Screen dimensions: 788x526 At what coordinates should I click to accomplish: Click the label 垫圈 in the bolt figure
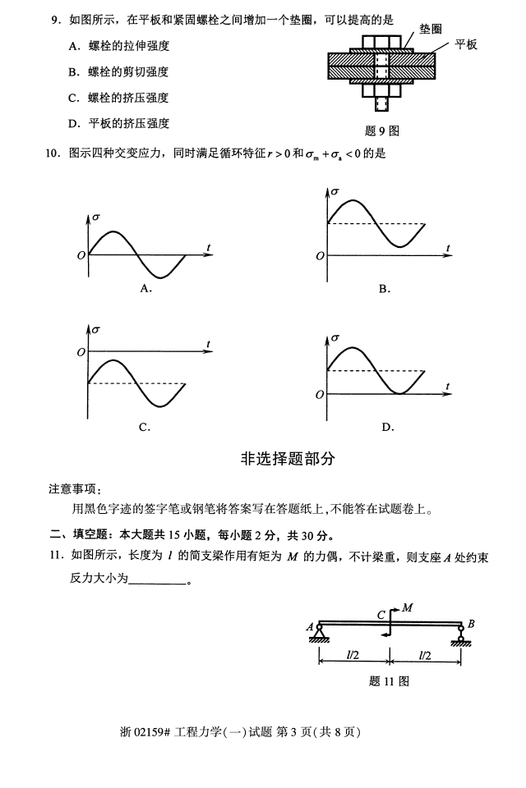(431, 29)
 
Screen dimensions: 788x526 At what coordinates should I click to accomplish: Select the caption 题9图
(382, 131)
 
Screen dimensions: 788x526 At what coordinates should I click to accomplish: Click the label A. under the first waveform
(145, 288)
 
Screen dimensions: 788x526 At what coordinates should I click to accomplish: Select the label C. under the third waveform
(144, 427)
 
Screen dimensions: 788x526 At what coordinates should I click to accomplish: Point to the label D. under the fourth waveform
(388, 427)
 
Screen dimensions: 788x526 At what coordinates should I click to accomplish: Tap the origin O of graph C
(80, 353)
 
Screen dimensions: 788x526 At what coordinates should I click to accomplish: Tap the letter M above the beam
(406, 608)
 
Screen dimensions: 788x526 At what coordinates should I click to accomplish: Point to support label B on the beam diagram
(471, 625)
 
